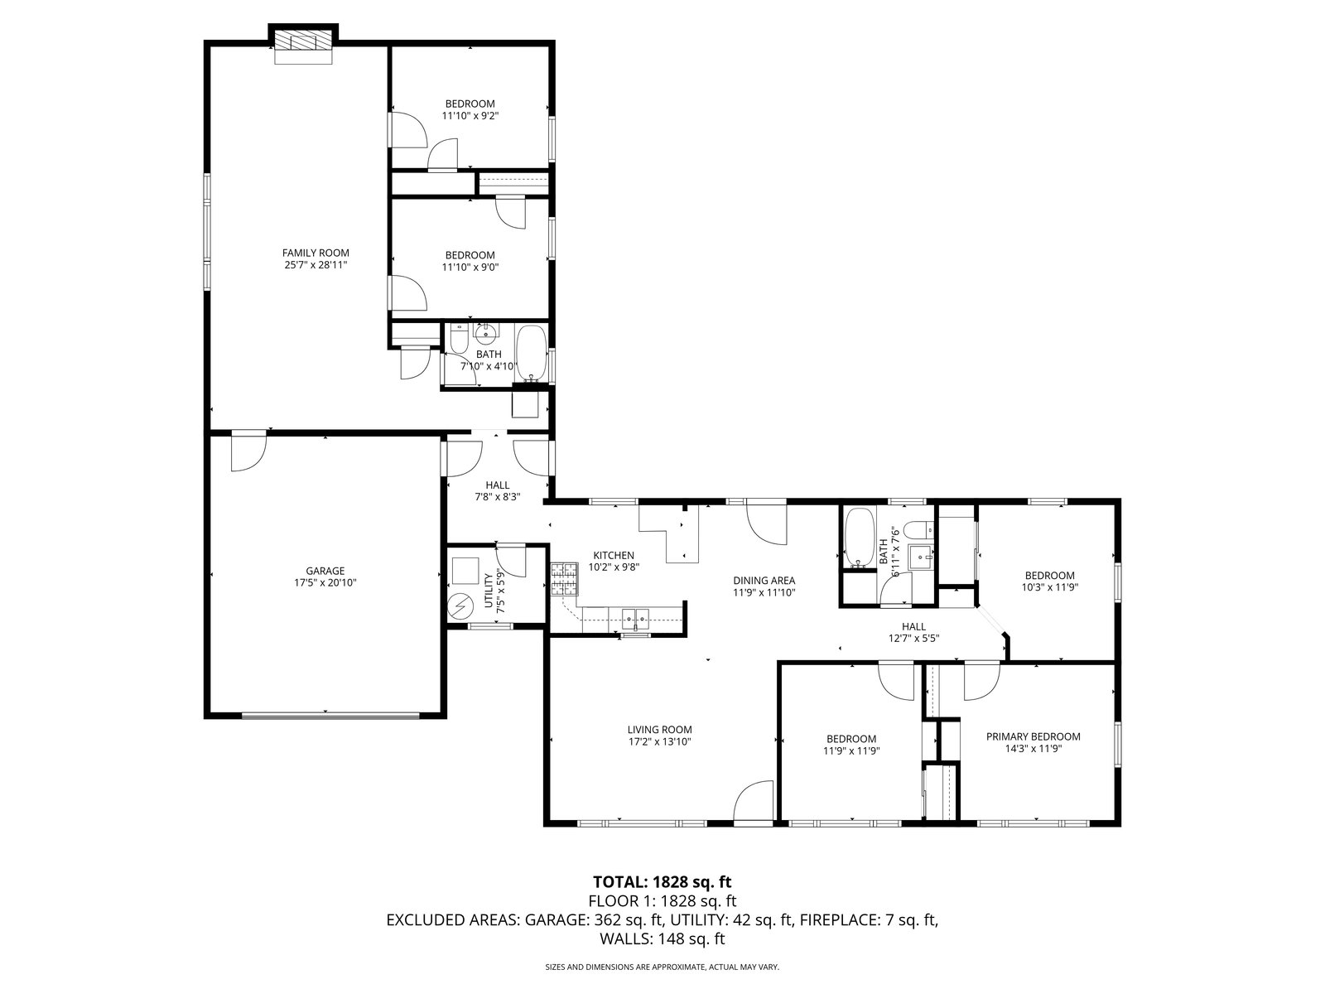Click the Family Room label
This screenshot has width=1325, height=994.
316,253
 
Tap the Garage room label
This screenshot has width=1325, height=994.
325,571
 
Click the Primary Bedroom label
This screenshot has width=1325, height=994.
1033,736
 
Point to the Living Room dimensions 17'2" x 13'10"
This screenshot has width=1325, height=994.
659,741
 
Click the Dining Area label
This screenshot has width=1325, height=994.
764,581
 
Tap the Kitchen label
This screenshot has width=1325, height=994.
614,555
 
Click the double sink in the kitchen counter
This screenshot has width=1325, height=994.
635,619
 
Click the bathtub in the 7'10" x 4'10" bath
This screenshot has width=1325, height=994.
532,354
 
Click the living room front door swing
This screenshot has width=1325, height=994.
754,800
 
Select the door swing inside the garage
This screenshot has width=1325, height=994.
248,451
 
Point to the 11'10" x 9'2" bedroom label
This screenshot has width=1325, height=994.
470,109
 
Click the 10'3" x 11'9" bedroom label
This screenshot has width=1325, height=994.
1050,581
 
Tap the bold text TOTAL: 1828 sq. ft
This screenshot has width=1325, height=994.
662,881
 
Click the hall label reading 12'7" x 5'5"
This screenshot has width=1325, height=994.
914,632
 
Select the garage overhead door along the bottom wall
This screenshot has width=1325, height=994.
330,716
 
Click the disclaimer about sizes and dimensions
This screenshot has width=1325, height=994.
662,967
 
